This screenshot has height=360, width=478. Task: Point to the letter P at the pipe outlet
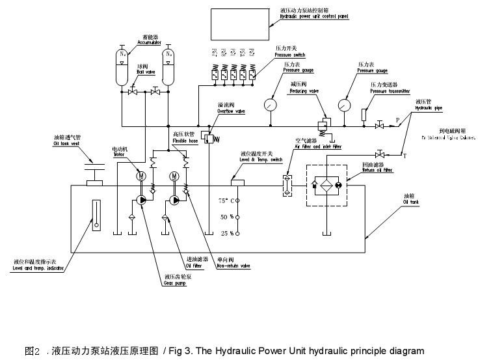(x=397, y=120)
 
